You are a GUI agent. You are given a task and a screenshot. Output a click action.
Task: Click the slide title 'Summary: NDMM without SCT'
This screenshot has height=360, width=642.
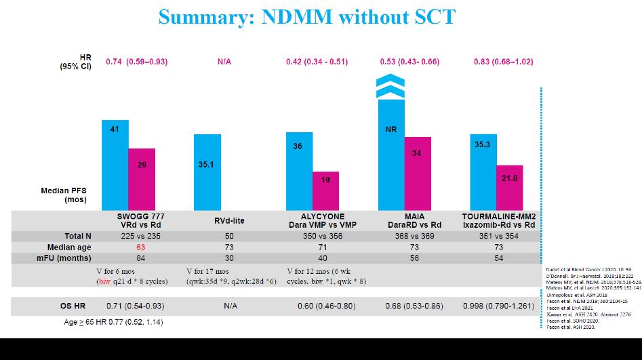pos(307,16)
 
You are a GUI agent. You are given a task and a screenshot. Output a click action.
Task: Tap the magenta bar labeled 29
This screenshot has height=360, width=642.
pos(142,179)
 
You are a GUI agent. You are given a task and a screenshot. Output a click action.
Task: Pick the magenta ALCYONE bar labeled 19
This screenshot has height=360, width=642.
pos(325,191)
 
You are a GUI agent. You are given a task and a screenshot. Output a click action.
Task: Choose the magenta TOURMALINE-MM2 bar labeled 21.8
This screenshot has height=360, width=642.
pos(509,187)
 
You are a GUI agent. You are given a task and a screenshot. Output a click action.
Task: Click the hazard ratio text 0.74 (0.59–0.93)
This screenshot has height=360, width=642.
pos(136,62)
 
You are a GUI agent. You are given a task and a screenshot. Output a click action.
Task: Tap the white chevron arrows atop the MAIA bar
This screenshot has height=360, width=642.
pos(390,87)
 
